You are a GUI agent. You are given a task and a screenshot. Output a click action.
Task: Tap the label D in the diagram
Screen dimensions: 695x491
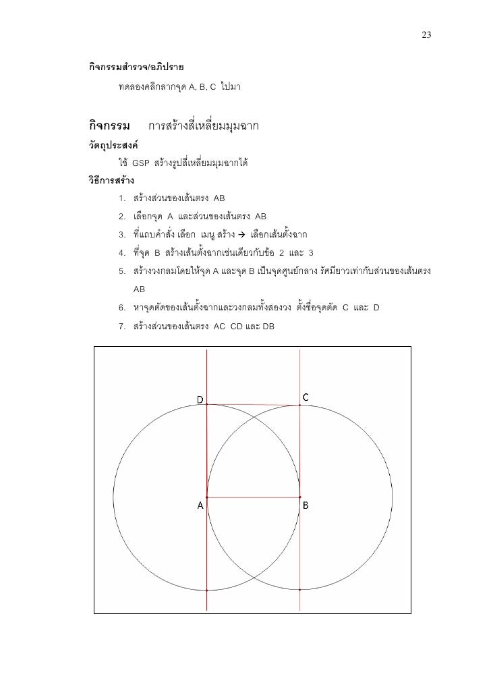click(x=200, y=399)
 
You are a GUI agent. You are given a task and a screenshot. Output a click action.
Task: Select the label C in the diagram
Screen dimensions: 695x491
click(x=306, y=397)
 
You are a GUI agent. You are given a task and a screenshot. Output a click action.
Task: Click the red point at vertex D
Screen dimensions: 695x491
click(x=206, y=405)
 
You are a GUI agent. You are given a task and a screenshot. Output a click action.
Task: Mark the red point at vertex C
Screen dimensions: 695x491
click(x=299, y=406)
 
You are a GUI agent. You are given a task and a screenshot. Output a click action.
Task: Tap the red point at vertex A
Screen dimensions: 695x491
click(x=206, y=498)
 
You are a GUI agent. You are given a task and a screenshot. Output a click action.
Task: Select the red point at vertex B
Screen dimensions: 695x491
click(x=299, y=498)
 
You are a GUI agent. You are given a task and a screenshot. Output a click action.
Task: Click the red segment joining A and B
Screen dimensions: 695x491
click(x=253, y=498)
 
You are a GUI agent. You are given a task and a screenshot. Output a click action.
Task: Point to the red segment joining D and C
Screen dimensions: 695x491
click(x=253, y=405)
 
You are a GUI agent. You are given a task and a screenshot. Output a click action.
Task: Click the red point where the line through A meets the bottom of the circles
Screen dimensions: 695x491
click(x=206, y=590)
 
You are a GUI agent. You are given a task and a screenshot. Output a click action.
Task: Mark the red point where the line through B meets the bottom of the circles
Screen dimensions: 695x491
click(x=299, y=590)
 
